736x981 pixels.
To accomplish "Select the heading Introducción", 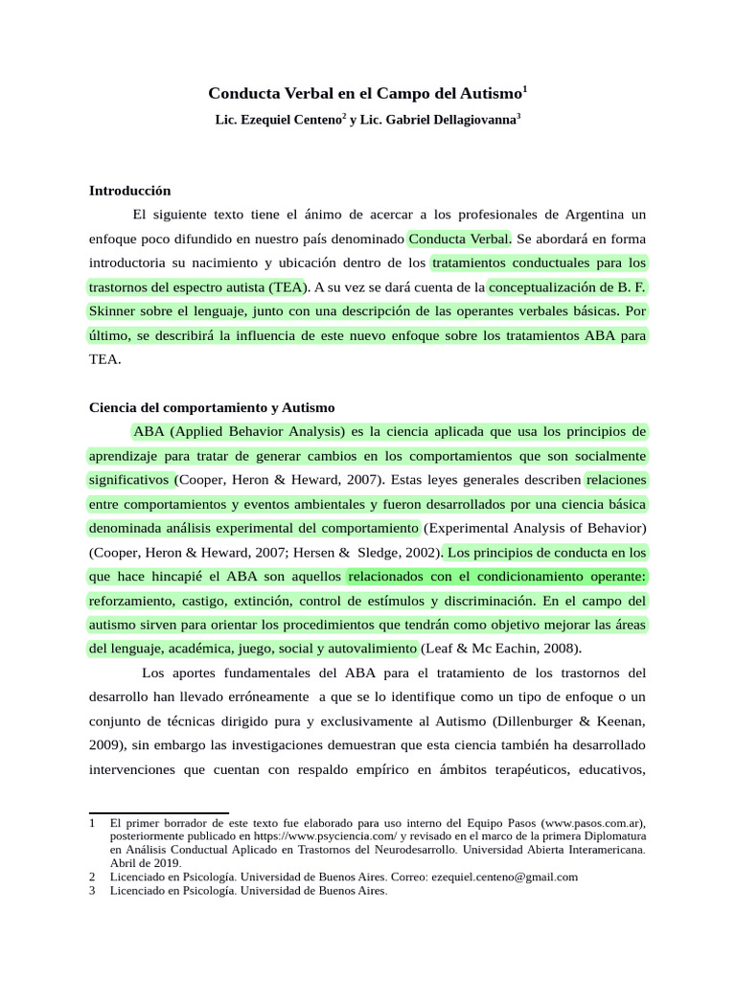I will (129, 191).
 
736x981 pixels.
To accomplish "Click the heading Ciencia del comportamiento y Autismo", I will (212, 407).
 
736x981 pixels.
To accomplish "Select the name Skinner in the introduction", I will (114, 311).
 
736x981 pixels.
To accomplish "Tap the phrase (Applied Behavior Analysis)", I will (259, 430).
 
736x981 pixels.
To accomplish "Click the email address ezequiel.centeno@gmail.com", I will (505, 876).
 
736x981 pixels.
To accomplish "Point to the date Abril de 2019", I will (145, 862).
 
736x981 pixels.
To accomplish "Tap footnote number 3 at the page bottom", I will (91, 890).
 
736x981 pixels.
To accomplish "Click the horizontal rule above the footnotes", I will (158, 813).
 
